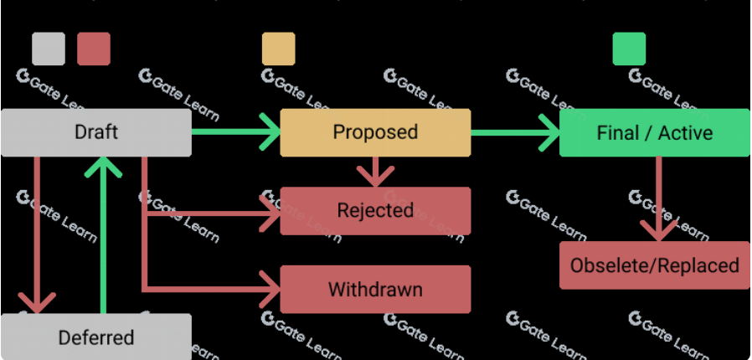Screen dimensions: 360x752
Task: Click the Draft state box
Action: (x=95, y=132)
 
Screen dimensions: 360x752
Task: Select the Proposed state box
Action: (x=375, y=132)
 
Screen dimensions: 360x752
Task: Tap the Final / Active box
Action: (x=654, y=133)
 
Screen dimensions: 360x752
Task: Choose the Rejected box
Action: (x=375, y=211)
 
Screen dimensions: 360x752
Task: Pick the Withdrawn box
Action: (x=375, y=290)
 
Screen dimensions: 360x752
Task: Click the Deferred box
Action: (x=95, y=337)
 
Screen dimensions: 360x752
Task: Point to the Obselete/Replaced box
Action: (x=654, y=265)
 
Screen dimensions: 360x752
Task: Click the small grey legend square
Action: (x=49, y=49)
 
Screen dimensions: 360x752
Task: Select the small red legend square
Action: (x=94, y=49)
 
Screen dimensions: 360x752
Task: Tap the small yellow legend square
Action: (x=278, y=49)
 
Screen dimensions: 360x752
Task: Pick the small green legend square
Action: (x=629, y=49)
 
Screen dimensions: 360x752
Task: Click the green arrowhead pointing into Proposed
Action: (x=270, y=132)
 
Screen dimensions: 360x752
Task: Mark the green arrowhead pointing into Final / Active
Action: (x=550, y=132)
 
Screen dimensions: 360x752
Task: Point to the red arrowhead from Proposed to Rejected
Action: (x=375, y=177)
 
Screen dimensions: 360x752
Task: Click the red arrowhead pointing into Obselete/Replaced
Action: (x=659, y=231)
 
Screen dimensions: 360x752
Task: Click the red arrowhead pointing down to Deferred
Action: (x=38, y=302)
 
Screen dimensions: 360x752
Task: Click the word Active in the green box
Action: (x=685, y=133)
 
